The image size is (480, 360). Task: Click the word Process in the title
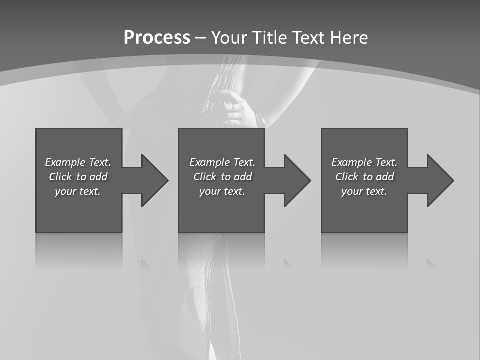coord(157,38)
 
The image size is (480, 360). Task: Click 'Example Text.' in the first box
coord(78,162)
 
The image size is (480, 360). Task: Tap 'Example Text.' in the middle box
coord(222,162)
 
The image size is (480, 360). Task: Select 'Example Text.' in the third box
coord(364,162)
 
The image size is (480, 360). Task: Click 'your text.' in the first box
coord(78,191)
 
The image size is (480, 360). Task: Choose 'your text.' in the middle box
coord(222,191)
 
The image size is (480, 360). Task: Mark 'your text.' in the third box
coord(364,191)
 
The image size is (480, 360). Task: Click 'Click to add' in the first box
coord(78,177)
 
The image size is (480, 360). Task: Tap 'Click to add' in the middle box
coord(222,177)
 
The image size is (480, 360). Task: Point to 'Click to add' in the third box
coord(364,177)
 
